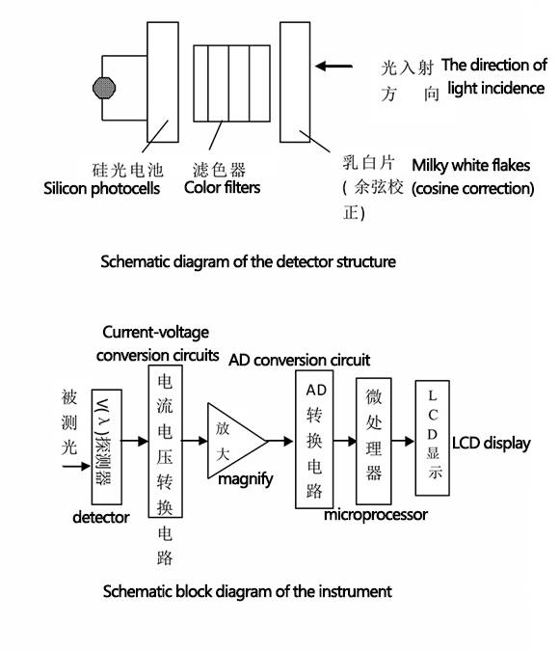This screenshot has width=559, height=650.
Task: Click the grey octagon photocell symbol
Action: [104, 88]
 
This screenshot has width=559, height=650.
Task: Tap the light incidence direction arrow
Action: [333, 66]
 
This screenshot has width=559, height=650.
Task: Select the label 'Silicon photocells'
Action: [101, 189]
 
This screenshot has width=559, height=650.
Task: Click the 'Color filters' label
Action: [222, 187]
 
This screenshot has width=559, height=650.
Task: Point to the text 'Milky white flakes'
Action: [470, 166]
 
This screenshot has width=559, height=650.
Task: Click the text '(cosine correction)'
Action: [473, 189]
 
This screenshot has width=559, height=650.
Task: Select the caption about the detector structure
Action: [249, 261]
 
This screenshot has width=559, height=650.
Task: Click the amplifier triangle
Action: [236, 441]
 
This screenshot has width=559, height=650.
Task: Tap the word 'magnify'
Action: [246, 479]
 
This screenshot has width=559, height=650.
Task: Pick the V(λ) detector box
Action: [106, 447]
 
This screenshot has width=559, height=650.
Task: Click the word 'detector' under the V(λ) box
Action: [100, 517]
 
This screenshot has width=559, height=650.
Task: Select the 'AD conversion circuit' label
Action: [299, 360]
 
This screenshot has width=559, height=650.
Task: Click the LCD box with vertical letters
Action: [432, 438]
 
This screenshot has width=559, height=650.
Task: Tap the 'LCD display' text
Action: [491, 444]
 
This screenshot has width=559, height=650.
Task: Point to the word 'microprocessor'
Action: [376, 515]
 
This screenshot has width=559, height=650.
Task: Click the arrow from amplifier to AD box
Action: [280, 441]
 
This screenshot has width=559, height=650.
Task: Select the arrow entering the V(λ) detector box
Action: [77, 467]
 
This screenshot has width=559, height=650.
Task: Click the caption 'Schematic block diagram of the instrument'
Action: [248, 591]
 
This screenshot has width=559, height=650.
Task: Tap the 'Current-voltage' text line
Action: [156, 332]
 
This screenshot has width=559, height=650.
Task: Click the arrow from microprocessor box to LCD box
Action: [403, 442]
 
